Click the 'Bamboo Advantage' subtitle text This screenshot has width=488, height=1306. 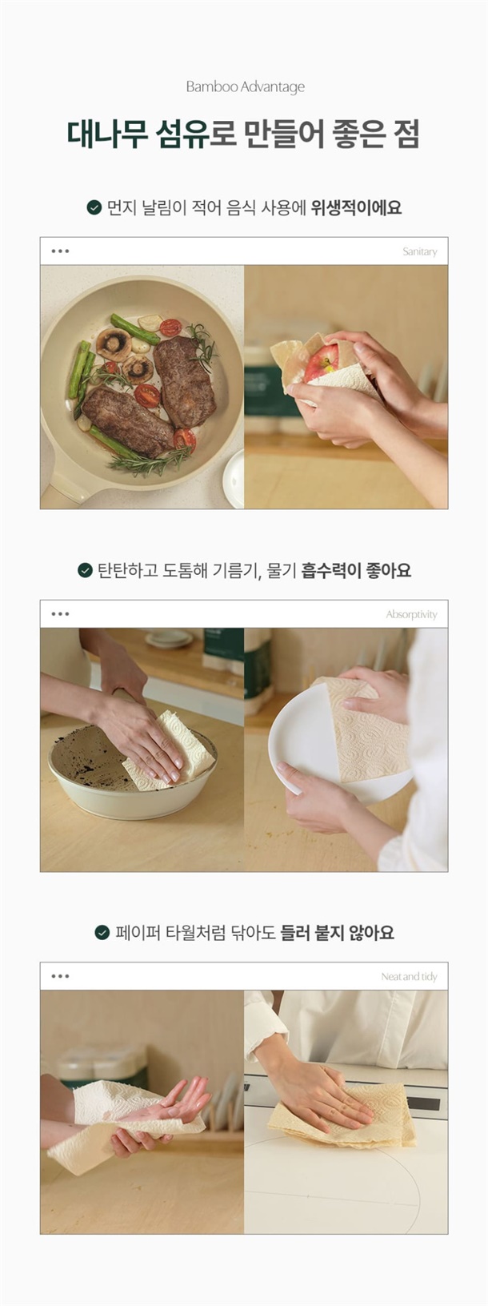[245, 86]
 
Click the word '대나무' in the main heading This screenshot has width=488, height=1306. [106, 134]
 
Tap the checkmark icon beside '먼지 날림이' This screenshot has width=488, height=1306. [94, 207]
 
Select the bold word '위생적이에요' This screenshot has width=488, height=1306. [356, 207]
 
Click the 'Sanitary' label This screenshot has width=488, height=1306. [419, 252]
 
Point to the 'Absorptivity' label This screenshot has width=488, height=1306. [411, 614]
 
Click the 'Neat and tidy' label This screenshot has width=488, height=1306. [409, 977]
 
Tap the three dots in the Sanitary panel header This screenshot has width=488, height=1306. [60, 251]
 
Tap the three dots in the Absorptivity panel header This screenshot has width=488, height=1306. [60, 614]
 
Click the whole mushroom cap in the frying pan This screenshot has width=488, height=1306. [114, 344]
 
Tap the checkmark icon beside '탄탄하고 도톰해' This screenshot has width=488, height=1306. [85, 569]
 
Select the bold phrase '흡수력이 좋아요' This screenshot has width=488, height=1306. [356, 569]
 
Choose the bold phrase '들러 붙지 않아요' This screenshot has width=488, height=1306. [337, 932]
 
